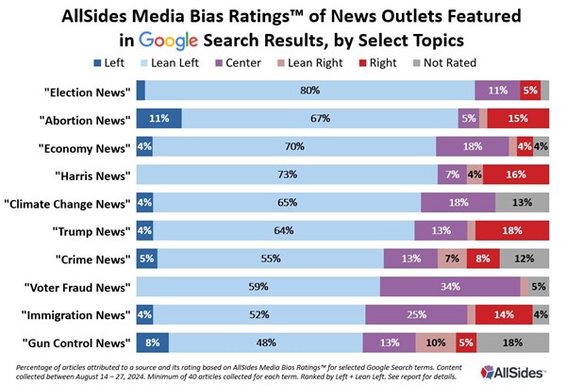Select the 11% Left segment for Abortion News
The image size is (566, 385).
pyautogui.click(x=158, y=119)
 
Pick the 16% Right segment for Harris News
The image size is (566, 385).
pyautogui.click(x=516, y=175)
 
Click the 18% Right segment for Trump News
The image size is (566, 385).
pyautogui.click(x=512, y=229)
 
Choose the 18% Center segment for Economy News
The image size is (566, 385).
pyautogui.click(x=472, y=146)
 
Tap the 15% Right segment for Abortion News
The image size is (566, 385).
pyautogui.click(x=518, y=119)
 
